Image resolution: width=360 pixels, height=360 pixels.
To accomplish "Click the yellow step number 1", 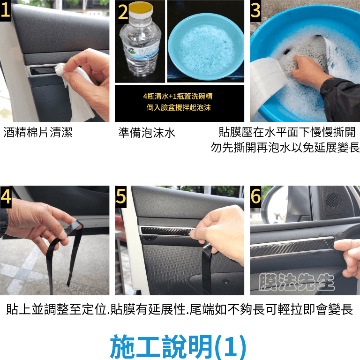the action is click(x=5, y=10).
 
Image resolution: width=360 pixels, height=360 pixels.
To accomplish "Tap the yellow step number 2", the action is click(x=123, y=12).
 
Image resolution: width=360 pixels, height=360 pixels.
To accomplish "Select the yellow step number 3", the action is click(x=255, y=10).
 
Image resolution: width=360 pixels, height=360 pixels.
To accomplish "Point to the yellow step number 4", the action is click(x=6, y=196).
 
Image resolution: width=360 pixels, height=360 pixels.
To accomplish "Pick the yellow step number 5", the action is click(x=121, y=196).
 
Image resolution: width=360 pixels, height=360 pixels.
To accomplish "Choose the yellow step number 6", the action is click(x=255, y=196).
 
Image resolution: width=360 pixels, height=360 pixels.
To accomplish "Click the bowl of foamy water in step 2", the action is click(x=206, y=47).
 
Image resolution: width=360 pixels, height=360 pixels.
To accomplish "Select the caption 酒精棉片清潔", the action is click(x=38, y=133).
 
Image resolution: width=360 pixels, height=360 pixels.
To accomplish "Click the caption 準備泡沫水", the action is click(x=147, y=133).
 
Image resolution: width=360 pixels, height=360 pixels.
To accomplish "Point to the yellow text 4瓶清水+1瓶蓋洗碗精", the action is click(x=178, y=96).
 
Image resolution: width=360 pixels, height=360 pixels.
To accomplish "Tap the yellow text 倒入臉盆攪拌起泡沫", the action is click(x=179, y=107).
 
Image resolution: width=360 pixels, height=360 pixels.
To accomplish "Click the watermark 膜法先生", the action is click(x=296, y=282).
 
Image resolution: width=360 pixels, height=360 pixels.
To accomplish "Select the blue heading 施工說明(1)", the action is click(x=179, y=347).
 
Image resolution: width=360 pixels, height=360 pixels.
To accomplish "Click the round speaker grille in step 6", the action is click(x=333, y=201).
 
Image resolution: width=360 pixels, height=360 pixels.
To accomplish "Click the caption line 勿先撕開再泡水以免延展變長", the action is click(x=285, y=147).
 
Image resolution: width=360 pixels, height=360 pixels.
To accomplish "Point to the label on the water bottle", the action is click(x=141, y=49).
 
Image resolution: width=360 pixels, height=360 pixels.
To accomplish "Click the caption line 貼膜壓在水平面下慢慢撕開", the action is click(x=287, y=132).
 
